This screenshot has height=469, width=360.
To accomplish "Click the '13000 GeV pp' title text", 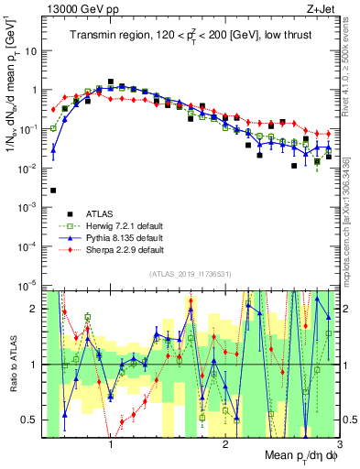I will [x=75, y=8].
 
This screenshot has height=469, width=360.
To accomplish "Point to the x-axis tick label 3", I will [x=339, y=445].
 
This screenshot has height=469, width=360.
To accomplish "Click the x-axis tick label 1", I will [x=111, y=445].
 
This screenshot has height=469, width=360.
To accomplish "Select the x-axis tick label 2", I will [x=225, y=445].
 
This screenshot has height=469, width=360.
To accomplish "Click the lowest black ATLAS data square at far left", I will [x=53, y=191].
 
